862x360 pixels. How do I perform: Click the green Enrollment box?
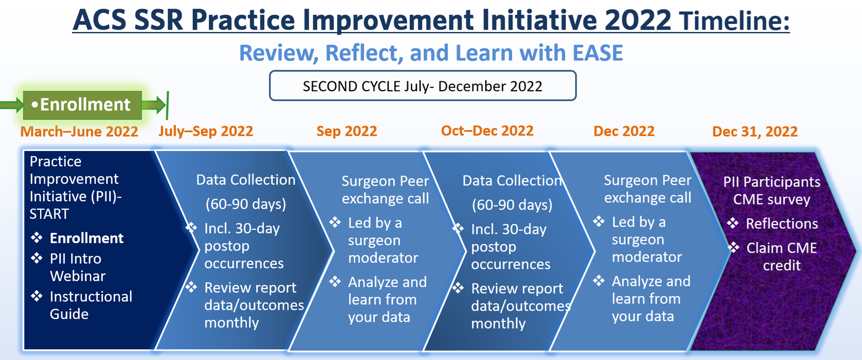[x=83, y=105]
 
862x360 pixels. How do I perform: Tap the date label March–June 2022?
[x=79, y=132]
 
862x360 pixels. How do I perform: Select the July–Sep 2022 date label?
[x=206, y=131]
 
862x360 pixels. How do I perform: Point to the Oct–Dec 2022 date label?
[x=487, y=131]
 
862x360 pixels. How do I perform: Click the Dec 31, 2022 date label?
[x=755, y=132]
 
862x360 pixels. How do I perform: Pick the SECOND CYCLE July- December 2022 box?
[x=422, y=86]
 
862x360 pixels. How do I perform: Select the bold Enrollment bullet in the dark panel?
[x=86, y=238]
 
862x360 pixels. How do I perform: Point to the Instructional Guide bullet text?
[x=90, y=305]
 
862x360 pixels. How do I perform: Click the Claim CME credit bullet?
[x=781, y=257]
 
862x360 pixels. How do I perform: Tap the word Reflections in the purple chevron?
[x=782, y=224]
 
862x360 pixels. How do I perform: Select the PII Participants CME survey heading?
[x=771, y=191]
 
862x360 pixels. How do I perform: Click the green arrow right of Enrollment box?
[x=154, y=105]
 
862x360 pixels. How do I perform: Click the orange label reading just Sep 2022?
[x=346, y=131]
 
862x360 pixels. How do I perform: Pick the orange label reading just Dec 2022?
[x=623, y=131]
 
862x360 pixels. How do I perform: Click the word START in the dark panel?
[x=49, y=214]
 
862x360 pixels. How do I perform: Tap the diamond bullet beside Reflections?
[x=733, y=223]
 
